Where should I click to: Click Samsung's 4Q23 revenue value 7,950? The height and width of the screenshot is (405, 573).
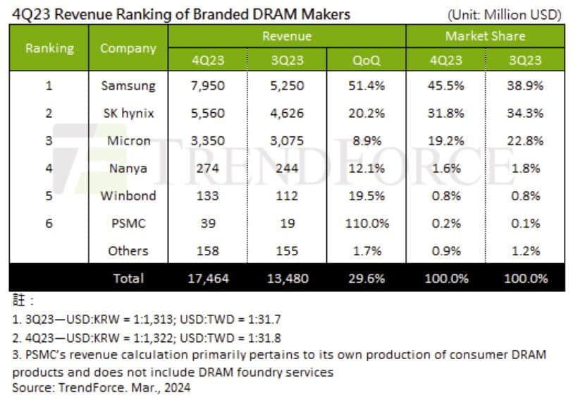(207, 86)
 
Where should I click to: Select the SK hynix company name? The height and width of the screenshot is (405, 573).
(128, 114)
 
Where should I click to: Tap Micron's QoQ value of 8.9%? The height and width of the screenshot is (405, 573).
(366, 141)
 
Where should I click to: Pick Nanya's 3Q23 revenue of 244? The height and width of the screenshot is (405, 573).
(287, 169)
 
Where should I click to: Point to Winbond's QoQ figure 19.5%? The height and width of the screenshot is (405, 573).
(366, 196)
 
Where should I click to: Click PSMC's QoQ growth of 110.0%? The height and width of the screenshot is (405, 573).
(366, 224)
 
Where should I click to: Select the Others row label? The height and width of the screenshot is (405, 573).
(128, 250)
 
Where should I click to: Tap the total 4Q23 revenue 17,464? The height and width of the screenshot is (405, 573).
(207, 279)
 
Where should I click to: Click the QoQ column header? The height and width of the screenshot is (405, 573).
(366, 60)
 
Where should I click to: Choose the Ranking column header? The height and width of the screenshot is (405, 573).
(49, 48)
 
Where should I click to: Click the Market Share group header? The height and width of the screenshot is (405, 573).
(485, 36)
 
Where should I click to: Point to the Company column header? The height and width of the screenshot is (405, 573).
(128, 48)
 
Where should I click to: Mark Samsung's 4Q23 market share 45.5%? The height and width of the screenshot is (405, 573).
(446, 86)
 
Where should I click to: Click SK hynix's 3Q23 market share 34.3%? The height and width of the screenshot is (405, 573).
(525, 114)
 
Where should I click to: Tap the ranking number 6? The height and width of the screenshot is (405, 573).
(49, 224)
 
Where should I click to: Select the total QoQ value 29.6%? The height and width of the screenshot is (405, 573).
(366, 279)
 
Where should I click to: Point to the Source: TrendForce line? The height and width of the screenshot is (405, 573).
(101, 387)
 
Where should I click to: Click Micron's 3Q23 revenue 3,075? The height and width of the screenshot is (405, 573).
(287, 141)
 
